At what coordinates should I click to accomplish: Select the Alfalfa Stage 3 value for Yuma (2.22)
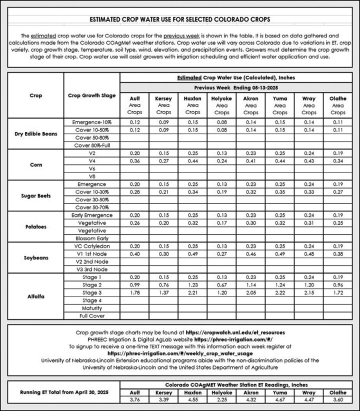tap(280, 292)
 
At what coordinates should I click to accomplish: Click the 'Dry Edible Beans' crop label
tap(35, 133)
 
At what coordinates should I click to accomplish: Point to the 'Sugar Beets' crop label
tap(35, 195)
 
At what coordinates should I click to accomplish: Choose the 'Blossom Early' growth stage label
tap(92, 238)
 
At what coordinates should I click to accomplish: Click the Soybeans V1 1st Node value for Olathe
tap(338, 254)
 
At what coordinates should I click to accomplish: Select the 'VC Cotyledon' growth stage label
tap(92, 246)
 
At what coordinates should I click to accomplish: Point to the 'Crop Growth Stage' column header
tap(92, 95)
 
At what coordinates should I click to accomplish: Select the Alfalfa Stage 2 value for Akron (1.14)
tap(250, 285)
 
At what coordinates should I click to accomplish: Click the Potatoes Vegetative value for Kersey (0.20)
tap(163, 223)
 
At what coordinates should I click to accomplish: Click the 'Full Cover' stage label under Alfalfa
tap(92, 316)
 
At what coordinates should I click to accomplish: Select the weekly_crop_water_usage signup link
tap(180, 353)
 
